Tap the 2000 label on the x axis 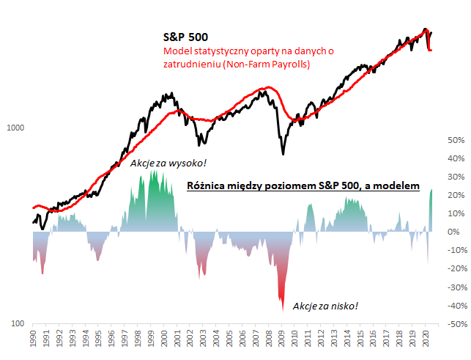pyautogui.click(x=160, y=342)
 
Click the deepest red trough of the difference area pyautogui.click(x=283, y=308)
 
